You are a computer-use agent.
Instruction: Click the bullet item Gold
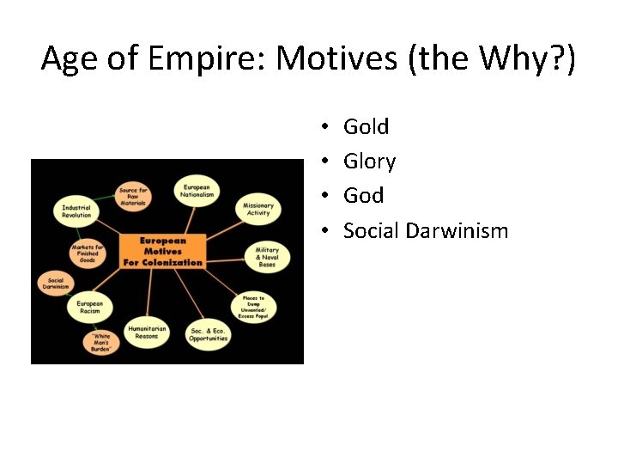(x=366, y=127)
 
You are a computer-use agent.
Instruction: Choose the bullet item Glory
(x=369, y=162)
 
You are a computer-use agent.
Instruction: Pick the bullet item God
(x=363, y=196)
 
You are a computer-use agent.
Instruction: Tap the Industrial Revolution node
(x=76, y=211)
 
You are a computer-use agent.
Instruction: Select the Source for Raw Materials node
(x=134, y=197)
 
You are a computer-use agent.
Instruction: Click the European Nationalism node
(x=197, y=191)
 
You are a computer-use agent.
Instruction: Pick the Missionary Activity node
(x=257, y=209)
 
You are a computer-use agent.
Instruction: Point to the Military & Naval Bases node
(x=267, y=255)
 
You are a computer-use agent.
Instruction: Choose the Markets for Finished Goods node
(x=87, y=253)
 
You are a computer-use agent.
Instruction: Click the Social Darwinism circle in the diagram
(x=56, y=284)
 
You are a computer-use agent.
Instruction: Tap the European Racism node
(x=89, y=308)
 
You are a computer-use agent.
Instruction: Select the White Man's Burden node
(x=101, y=342)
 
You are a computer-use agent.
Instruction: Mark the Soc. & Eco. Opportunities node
(x=209, y=334)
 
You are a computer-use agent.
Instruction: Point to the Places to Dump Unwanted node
(x=254, y=305)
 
